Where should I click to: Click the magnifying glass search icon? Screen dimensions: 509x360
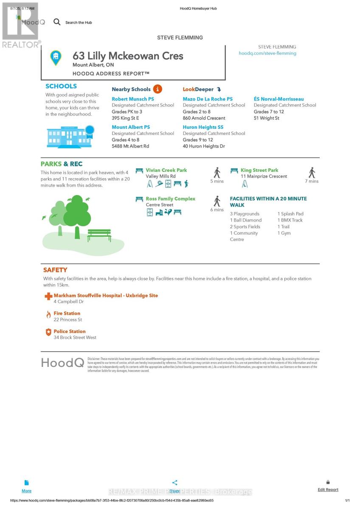pyautogui.click(x=57, y=22)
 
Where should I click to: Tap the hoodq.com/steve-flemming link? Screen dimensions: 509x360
pyautogui.click(x=267, y=53)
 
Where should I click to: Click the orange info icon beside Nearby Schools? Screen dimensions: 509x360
pyautogui.click(x=157, y=89)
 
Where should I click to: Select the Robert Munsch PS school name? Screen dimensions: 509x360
pyautogui.click(x=133, y=99)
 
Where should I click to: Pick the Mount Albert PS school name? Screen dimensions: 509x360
pyautogui.click(x=131, y=127)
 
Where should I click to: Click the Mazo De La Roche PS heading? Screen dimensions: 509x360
pyautogui.click(x=208, y=99)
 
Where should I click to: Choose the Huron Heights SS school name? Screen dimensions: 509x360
pyautogui.click(x=203, y=127)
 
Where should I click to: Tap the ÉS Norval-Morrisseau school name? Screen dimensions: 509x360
pyautogui.click(x=278, y=99)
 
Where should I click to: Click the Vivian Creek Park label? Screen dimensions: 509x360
pyautogui.click(x=166, y=170)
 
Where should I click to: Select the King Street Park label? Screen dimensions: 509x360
pyautogui.click(x=259, y=170)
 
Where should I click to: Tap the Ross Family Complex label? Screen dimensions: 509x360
pyautogui.click(x=170, y=199)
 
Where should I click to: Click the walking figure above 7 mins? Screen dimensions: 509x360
pyautogui.click(x=312, y=172)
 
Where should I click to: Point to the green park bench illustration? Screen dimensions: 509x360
pyautogui.click(x=99, y=235)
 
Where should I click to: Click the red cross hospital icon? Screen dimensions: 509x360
pyautogui.click(x=48, y=296)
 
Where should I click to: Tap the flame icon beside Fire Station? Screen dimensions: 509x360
pyautogui.click(x=48, y=315)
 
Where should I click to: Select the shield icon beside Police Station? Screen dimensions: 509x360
pyautogui.click(x=48, y=333)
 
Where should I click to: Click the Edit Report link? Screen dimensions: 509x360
pyautogui.click(x=328, y=489)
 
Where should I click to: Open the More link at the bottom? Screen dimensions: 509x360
pyautogui.click(x=26, y=491)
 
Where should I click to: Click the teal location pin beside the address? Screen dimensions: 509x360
pyautogui.click(x=56, y=58)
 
